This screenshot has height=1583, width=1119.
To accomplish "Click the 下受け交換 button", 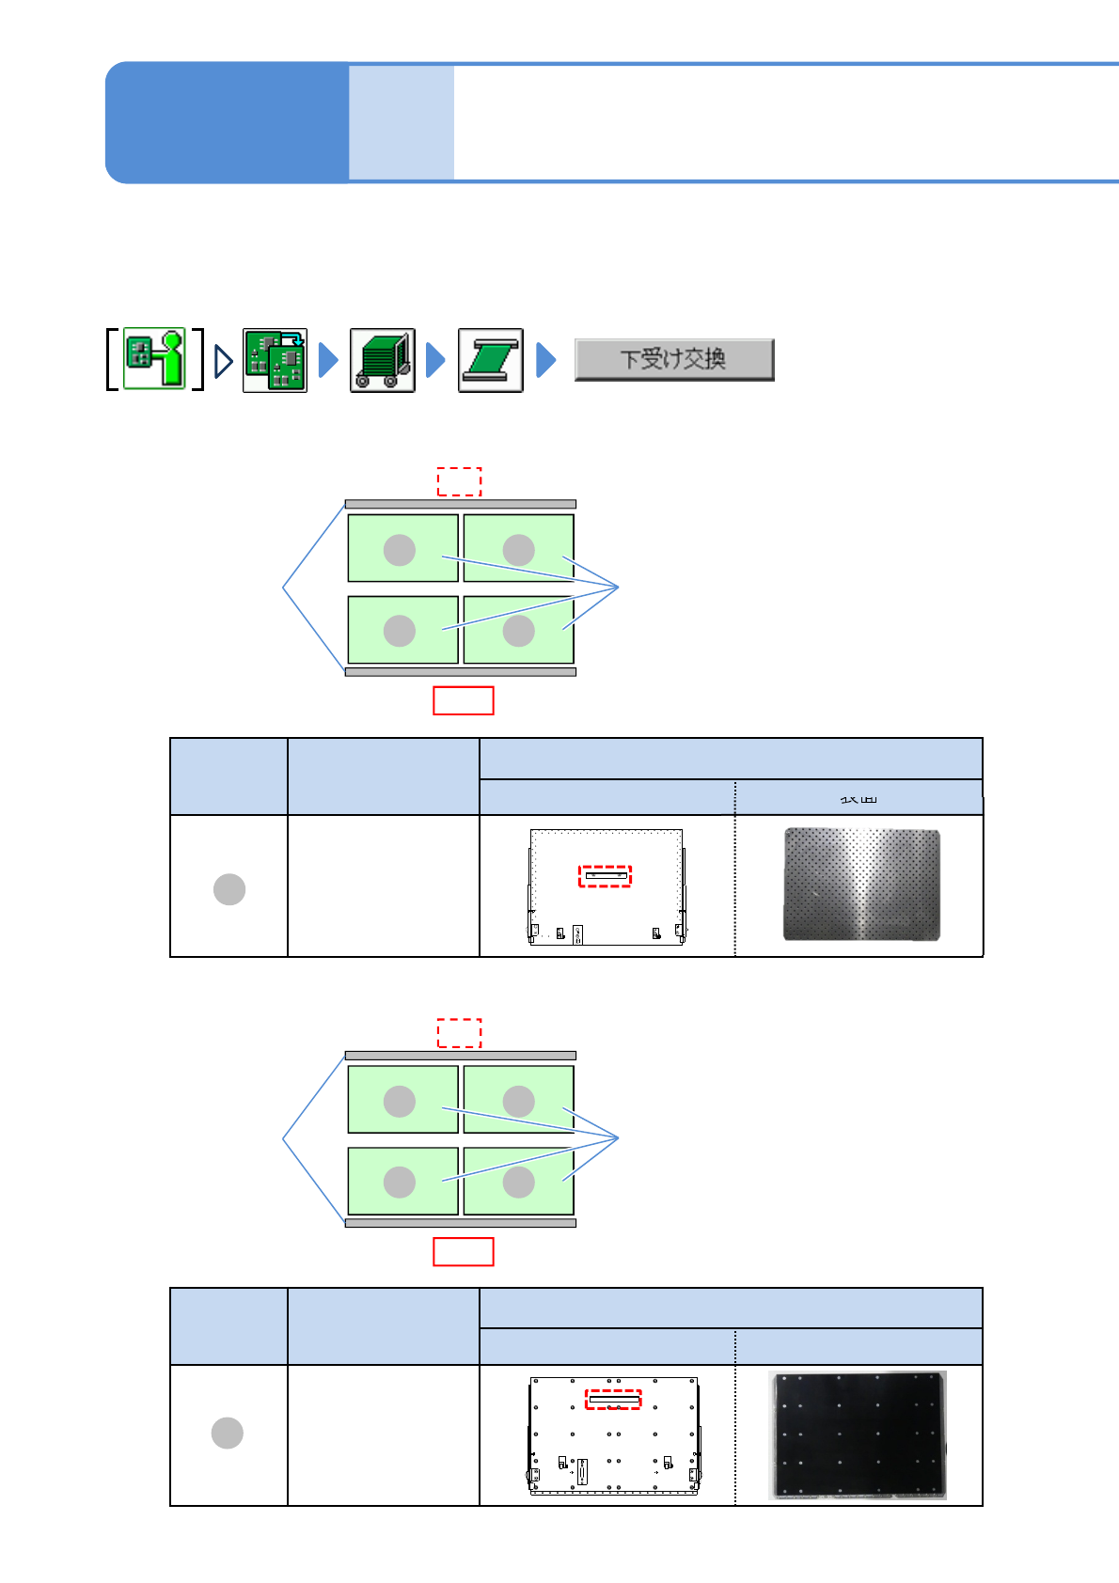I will [673, 359].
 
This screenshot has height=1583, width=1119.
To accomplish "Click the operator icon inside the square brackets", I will [155, 358].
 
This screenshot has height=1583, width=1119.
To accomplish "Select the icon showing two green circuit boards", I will [275, 360].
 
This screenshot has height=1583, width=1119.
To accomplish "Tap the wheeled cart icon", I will [382, 360].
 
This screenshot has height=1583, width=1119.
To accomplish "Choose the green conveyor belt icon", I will [490, 360].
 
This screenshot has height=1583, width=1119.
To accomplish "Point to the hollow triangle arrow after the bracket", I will [223, 360].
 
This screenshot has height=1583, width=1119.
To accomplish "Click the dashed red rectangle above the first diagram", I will [459, 481].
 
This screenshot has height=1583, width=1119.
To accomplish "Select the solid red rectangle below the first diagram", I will [463, 700].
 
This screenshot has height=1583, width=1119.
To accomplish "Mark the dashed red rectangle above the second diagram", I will [459, 1032].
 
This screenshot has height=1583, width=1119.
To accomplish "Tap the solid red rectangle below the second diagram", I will [463, 1251].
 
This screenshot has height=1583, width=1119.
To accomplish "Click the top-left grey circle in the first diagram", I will [400, 550].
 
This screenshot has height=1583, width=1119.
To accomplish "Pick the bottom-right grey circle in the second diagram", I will [518, 1182].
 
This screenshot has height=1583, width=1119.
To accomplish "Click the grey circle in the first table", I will [229, 888].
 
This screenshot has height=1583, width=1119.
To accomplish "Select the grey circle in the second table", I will [228, 1433].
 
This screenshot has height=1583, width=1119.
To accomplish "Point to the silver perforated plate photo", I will [861, 884].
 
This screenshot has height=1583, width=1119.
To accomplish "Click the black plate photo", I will [858, 1434].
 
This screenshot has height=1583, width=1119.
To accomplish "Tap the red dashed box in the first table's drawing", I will [605, 876].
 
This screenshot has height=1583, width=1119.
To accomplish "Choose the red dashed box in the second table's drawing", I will [613, 1400].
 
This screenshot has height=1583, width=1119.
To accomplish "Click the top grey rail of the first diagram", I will [460, 505].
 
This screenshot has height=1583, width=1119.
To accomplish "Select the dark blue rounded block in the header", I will [227, 122].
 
